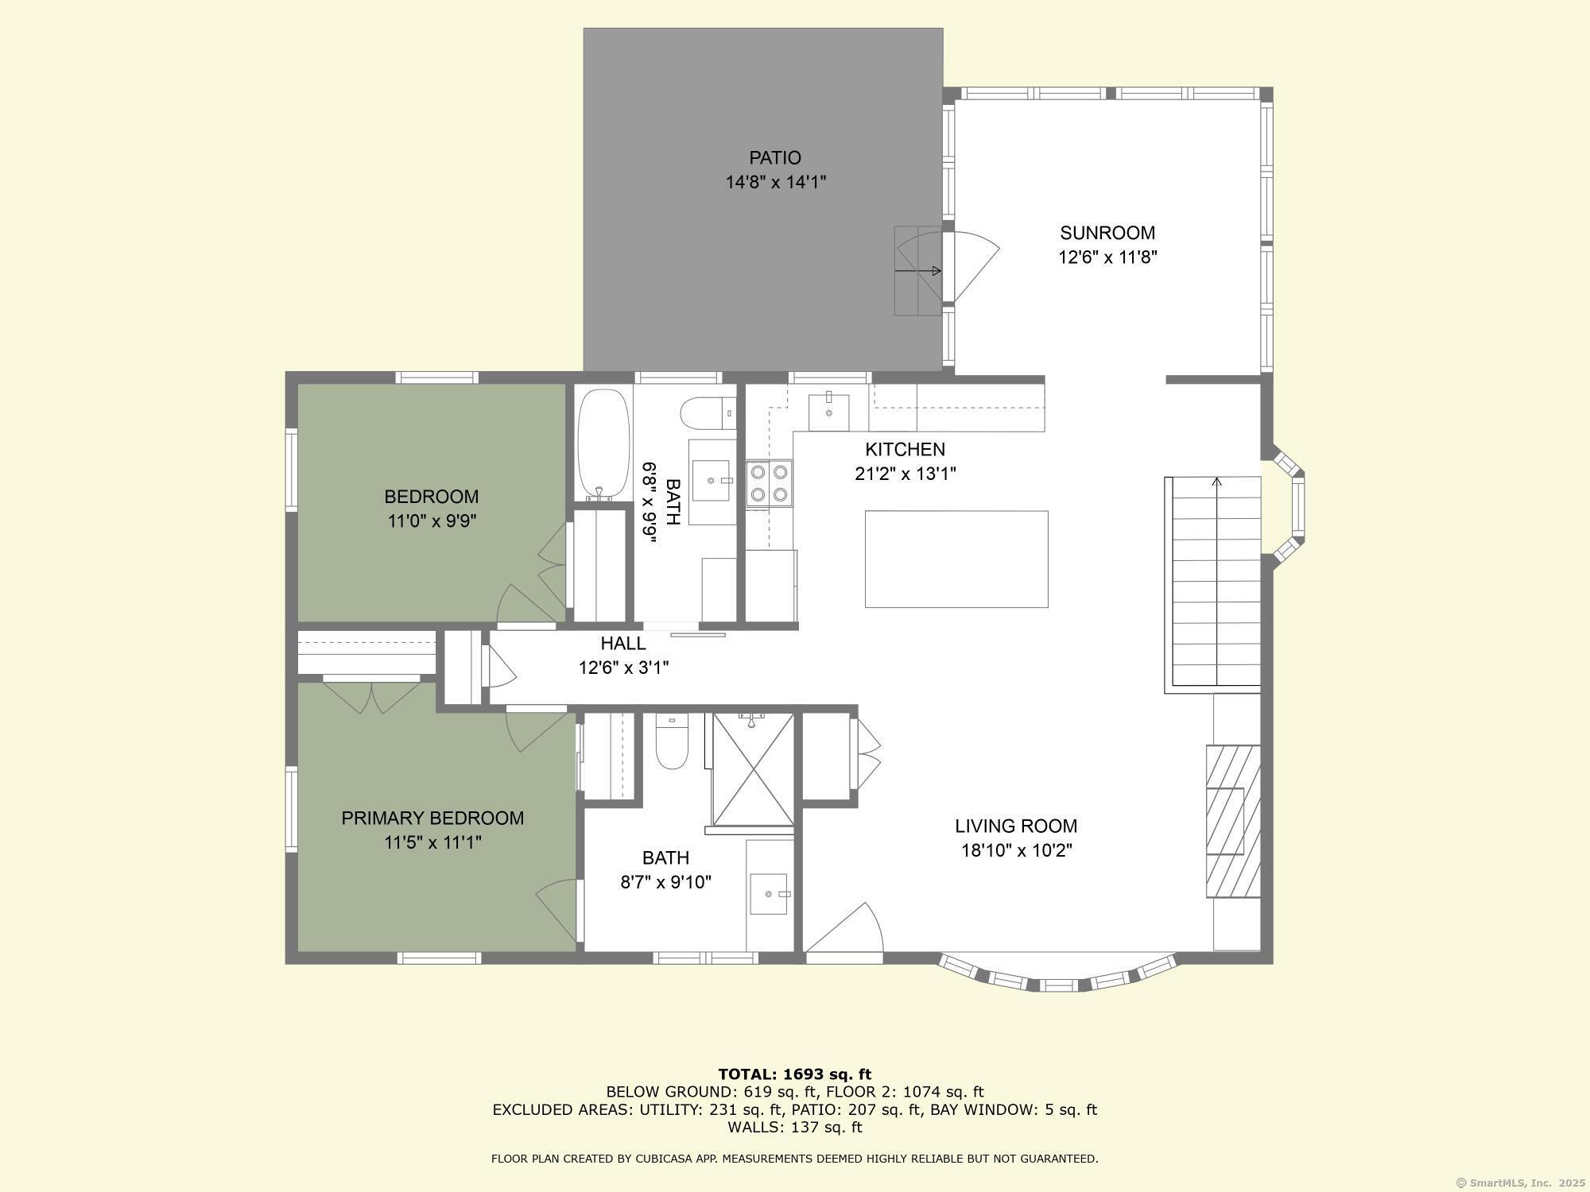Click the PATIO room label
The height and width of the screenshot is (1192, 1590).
[774, 157]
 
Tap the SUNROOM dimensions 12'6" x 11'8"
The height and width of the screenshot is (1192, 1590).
[1107, 257]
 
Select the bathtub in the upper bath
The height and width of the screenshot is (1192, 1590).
[603, 443]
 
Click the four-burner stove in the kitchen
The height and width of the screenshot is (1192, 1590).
[770, 483]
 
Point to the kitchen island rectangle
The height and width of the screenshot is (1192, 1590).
[956, 559]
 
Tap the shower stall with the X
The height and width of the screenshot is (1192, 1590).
[753, 769]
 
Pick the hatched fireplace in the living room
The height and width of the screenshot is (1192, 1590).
[1233, 821]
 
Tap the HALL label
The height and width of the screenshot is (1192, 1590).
[623, 643]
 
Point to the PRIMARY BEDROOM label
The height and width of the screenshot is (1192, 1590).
[432, 818]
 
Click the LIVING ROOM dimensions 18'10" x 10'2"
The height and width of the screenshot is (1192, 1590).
[1017, 850]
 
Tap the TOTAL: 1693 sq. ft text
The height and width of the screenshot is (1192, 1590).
[795, 1074]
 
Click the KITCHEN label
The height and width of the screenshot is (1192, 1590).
[905, 449]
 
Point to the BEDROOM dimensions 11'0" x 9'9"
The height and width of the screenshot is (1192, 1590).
[432, 521]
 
